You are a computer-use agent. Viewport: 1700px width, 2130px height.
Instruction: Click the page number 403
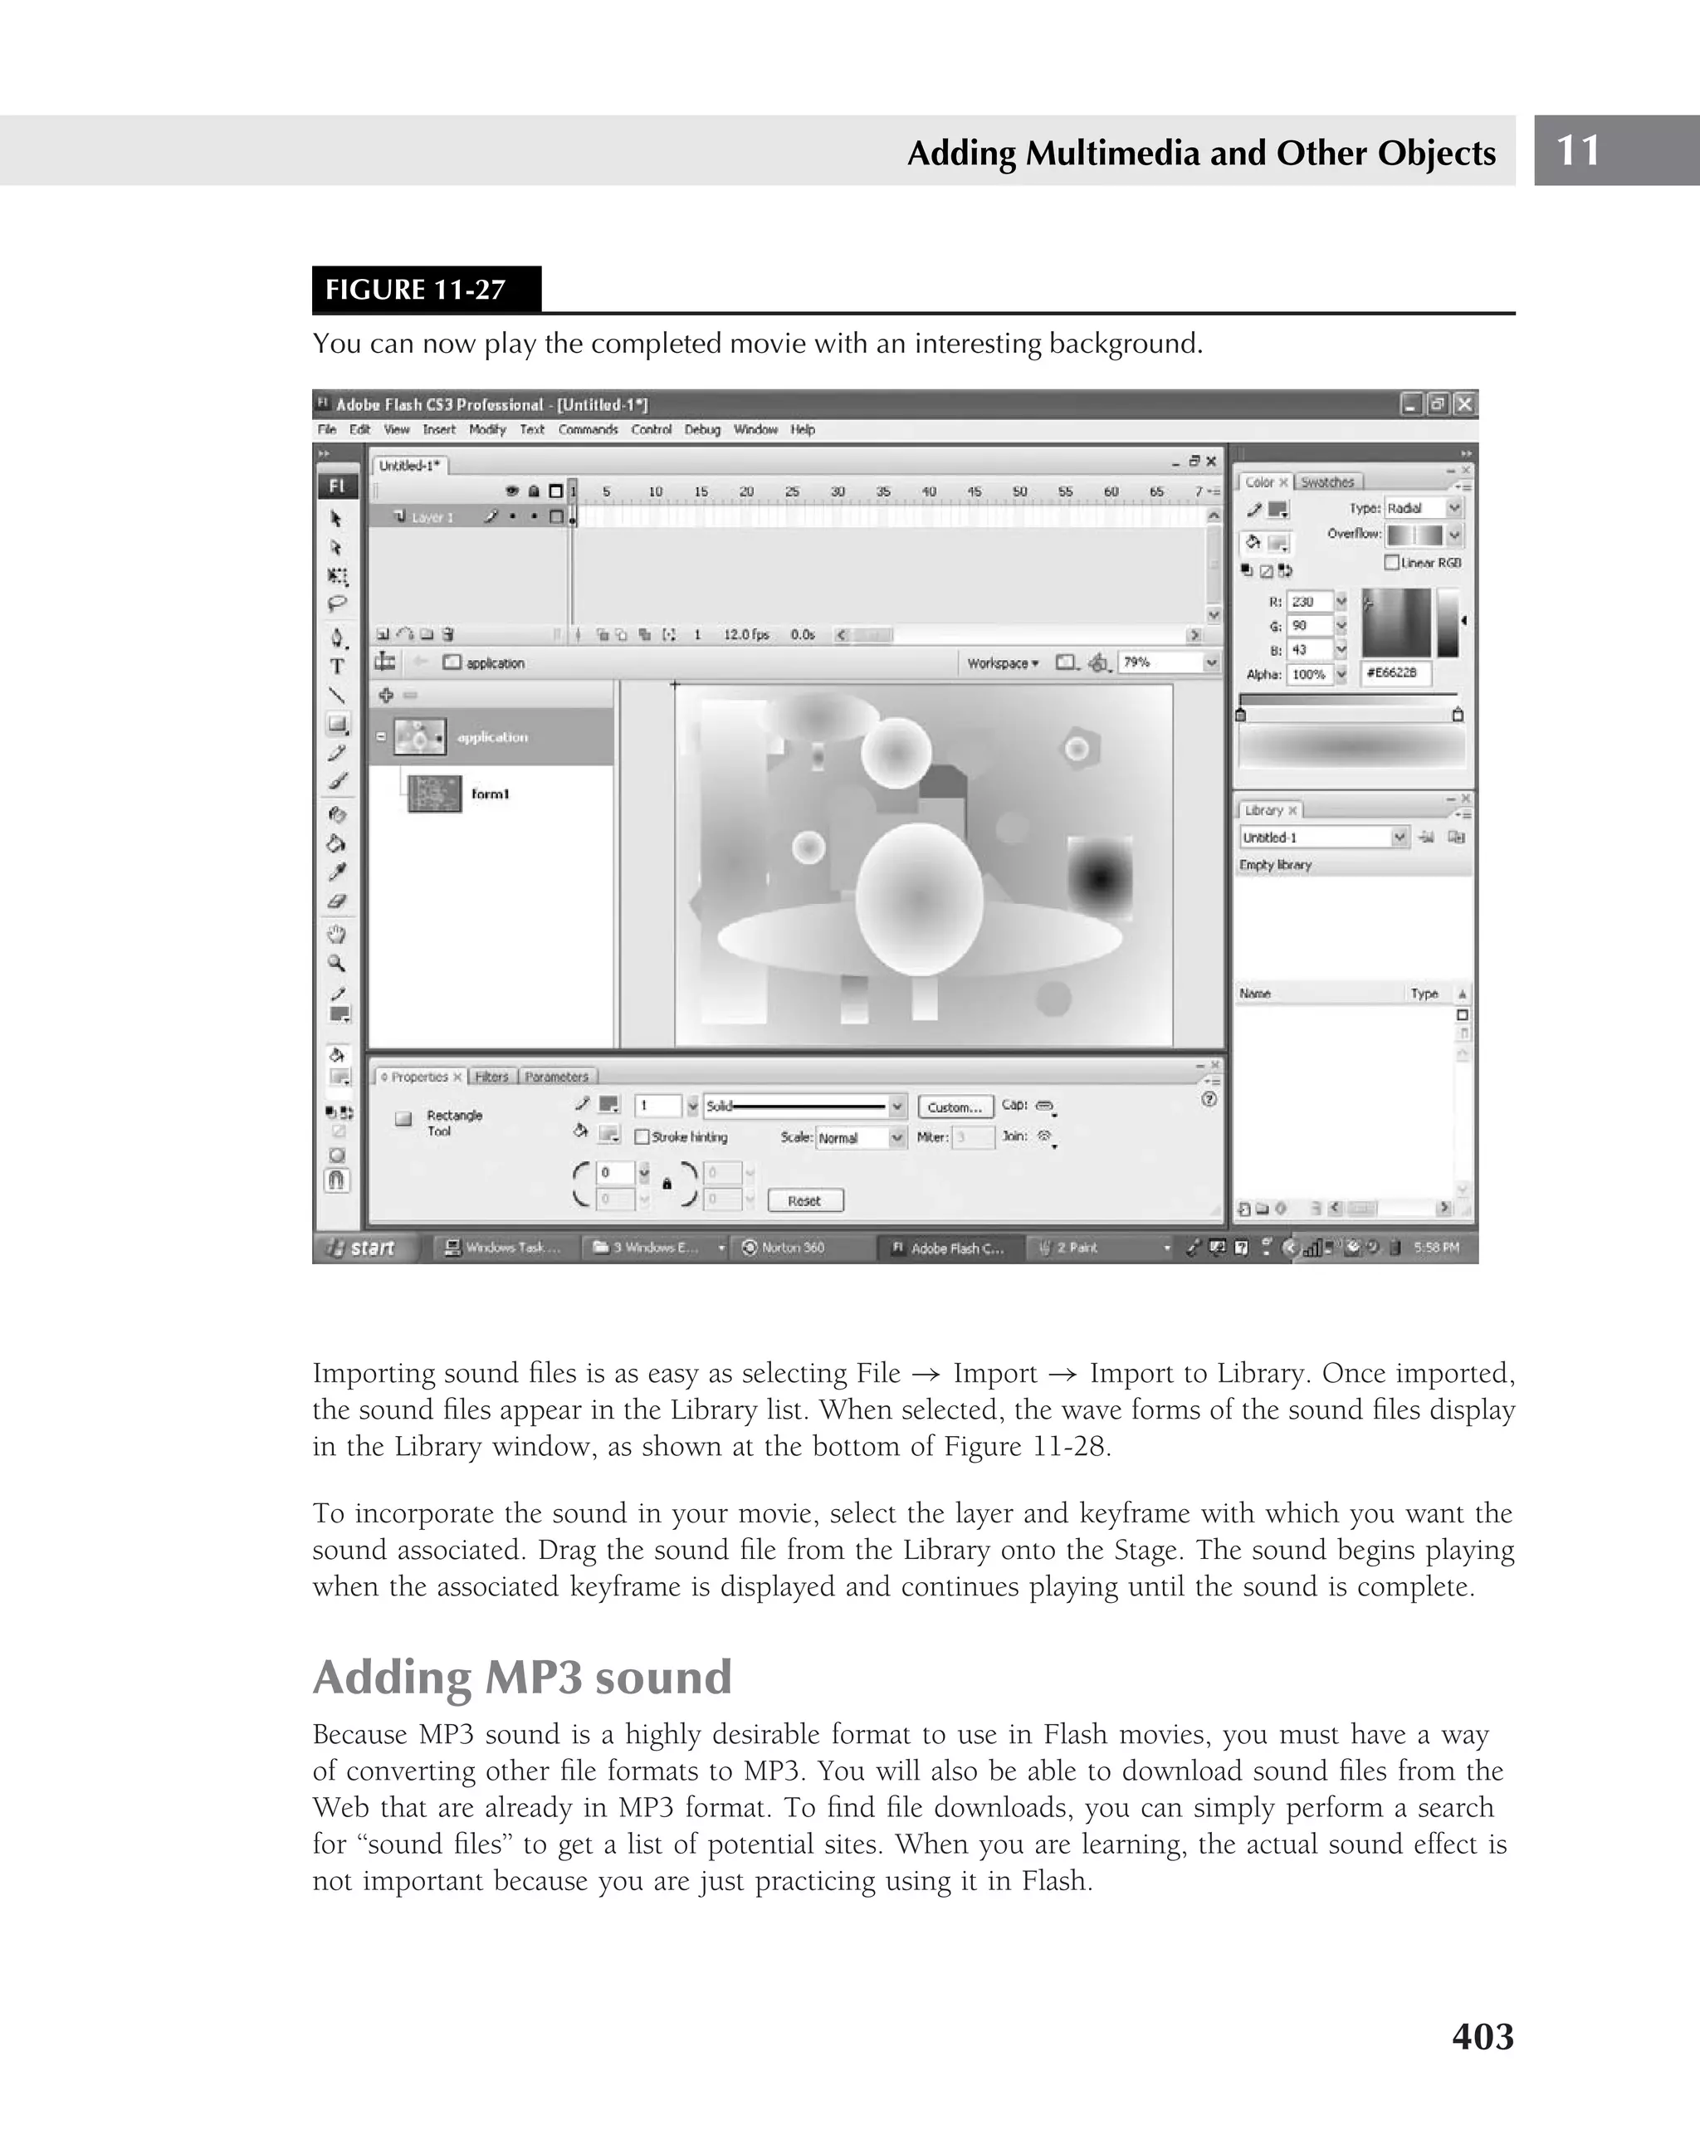click(1482, 2036)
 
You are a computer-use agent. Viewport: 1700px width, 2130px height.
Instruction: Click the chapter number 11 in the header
click(1577, 150)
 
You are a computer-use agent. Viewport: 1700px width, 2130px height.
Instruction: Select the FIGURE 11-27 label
click(416, 290)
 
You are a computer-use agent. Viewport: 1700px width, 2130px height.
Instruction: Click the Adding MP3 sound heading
click(521, 1677)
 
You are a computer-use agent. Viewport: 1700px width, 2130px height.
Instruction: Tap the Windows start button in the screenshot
click(364, 1248)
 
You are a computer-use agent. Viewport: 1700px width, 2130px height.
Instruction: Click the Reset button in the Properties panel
click(804, 1200)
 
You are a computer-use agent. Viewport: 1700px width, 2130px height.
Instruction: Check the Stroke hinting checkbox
click(642, 1137)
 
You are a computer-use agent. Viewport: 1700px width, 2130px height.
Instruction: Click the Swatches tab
click(1326, 482)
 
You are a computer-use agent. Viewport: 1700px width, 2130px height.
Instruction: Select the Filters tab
click(491, 1077)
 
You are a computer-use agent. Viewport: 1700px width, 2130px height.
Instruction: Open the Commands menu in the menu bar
click(587, 430)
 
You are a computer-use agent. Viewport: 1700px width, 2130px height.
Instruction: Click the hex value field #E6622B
click(1395, 673)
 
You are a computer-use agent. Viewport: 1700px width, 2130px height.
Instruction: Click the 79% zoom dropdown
click(1166, 663)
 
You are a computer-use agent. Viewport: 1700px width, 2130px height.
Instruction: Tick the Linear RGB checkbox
click(1392, 562)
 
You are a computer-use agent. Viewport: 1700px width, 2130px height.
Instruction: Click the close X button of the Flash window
click(1465, 404)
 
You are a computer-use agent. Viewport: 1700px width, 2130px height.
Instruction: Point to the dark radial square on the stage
click(1099, 875)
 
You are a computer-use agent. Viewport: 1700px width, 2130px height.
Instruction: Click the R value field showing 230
click(1309, 602)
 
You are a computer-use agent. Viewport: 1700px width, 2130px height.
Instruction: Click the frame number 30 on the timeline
click(837, 491)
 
